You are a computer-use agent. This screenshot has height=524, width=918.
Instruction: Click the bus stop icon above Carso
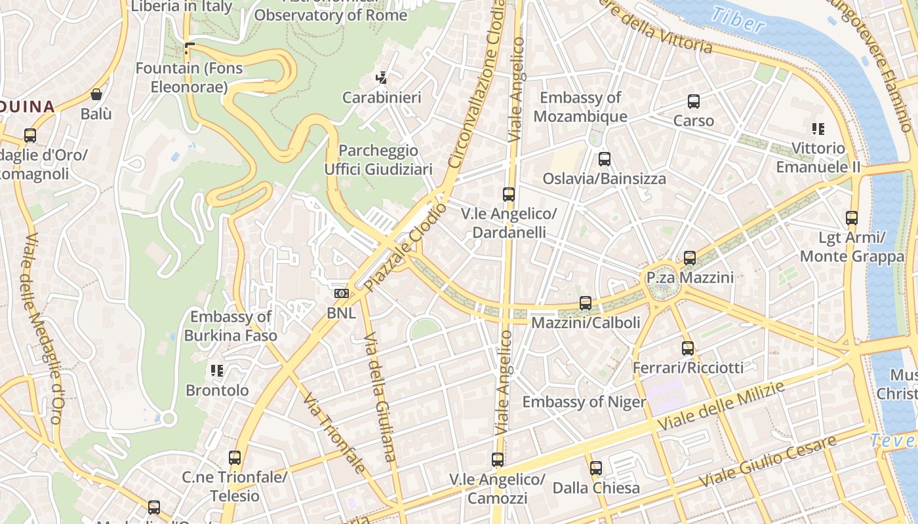(693, 102)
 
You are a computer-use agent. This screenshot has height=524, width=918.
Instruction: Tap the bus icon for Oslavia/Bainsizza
(604, 159)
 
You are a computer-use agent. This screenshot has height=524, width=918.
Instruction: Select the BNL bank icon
(341, 293)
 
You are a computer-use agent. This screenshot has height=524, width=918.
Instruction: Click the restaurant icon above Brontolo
(217, 371)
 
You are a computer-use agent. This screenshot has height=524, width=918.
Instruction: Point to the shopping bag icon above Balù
(96, 94)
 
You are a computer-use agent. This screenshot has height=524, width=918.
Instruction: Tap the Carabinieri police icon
(381, 78)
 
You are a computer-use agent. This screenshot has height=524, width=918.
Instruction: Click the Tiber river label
(738, 20)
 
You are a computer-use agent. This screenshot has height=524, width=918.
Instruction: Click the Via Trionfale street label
(334, 432)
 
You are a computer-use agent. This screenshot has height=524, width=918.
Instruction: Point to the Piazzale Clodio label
(405, 248)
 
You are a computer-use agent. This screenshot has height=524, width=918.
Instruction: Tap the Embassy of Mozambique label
(580, 107)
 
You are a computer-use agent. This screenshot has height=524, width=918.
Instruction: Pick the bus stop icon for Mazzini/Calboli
(585, 303)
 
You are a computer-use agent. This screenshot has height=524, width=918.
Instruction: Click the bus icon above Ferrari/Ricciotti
(687, 348)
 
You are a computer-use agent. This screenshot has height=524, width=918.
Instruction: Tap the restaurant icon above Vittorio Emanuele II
(818, 128)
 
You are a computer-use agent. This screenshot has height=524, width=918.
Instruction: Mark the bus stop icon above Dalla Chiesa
(595, 468)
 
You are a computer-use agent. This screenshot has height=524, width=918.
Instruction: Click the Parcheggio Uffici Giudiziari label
(378, 160)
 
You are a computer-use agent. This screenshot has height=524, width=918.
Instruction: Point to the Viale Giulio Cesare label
(767, 461)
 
